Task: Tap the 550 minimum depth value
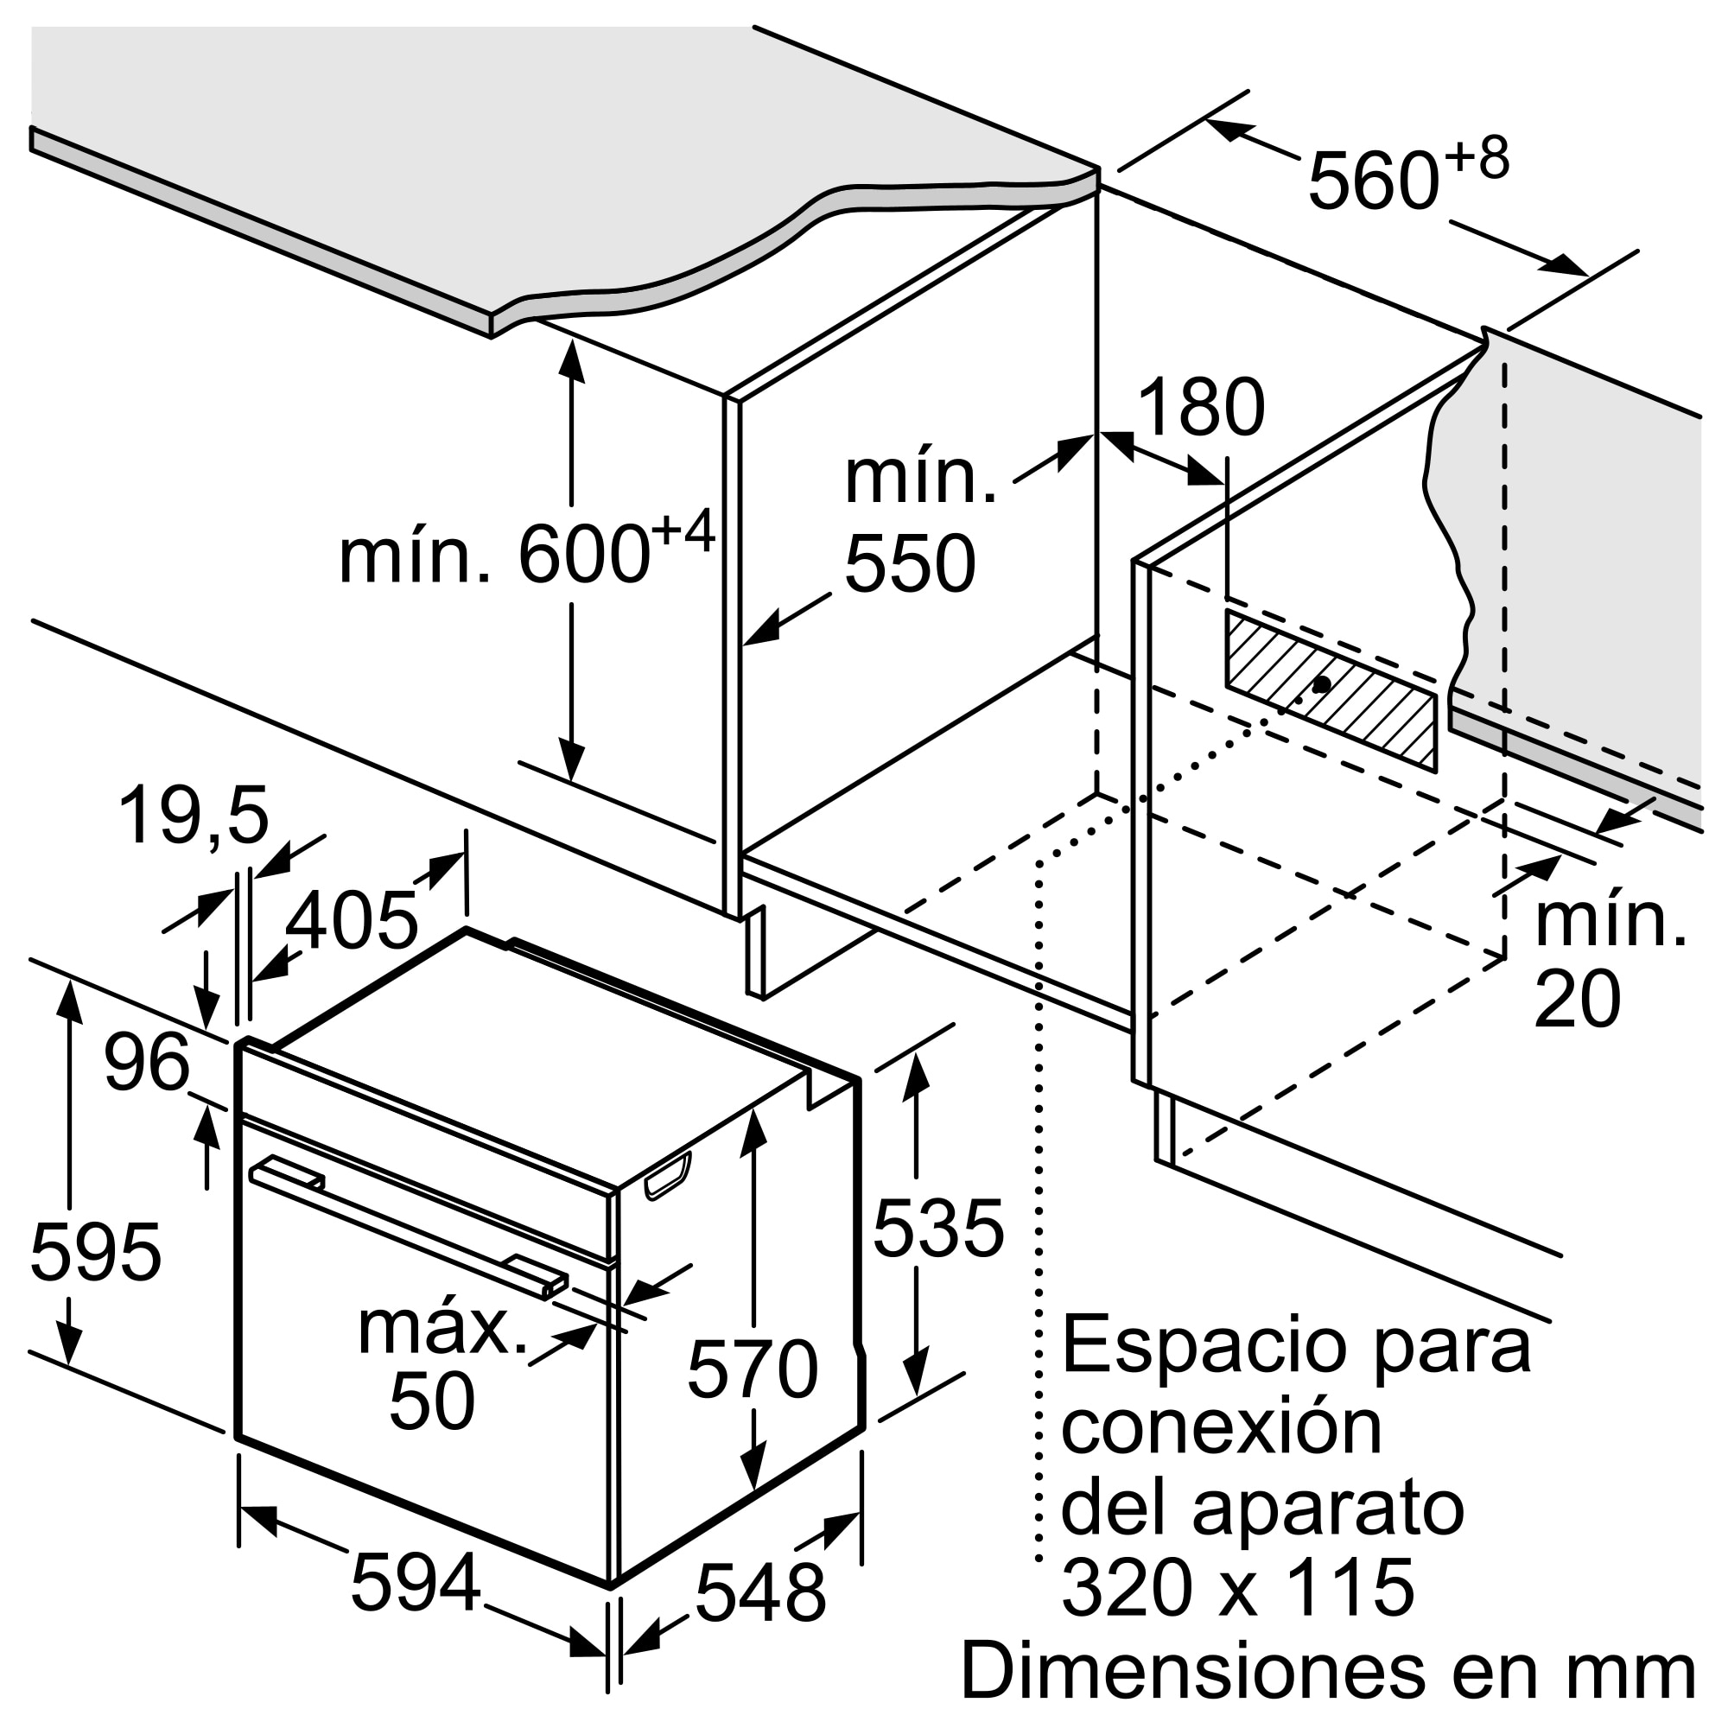point(910,563)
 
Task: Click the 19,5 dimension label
point(194,815)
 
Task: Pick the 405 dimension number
point(352,918)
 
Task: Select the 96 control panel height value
point(147,1062)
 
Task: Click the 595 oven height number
point(96,1252)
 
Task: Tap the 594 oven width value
point(416,1583)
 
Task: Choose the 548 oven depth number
point(760,1593)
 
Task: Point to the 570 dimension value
point(753,1369)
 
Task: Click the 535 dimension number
point(938,1228)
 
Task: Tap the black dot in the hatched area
point(1321,684)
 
